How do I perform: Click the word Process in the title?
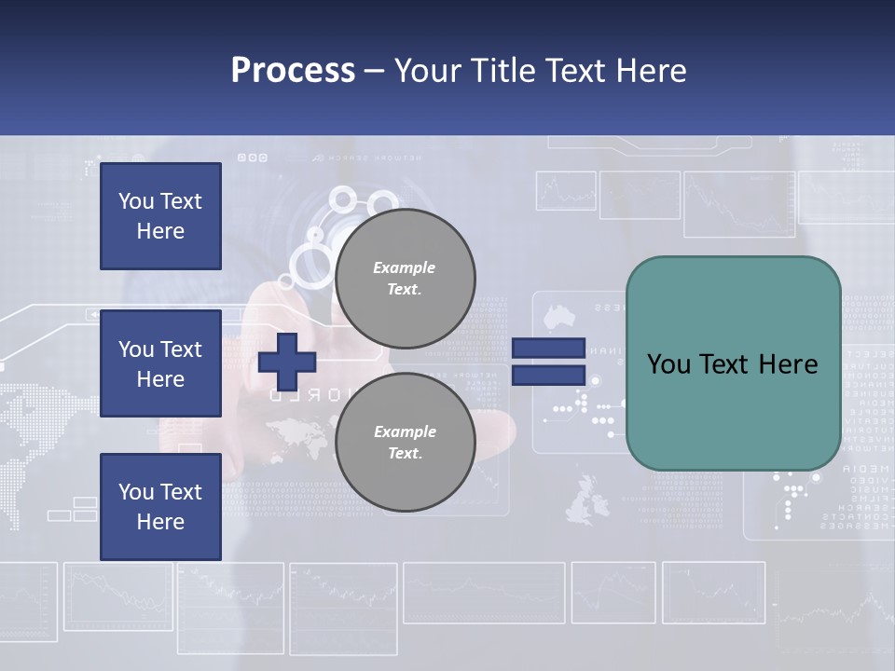[x=293, y=70]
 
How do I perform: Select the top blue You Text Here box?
[x=160, y=216]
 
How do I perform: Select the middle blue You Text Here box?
[x=160, y=363]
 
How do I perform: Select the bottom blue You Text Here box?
[x=160, y=507]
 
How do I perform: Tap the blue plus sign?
[x=287, y=362]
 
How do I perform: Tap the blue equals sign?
[x=548, y=362]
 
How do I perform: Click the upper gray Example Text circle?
[x=405, y=278]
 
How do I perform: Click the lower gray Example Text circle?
[x=405, y=442]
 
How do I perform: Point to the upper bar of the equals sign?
[x=548, y=348]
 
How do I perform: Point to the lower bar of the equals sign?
[x=548, y=376]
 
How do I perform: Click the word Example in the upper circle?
[x=405, y=267]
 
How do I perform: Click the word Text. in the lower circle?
[x=405, y=454]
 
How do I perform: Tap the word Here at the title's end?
[x=652, y=70]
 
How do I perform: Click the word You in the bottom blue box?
[x=135, y=492]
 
